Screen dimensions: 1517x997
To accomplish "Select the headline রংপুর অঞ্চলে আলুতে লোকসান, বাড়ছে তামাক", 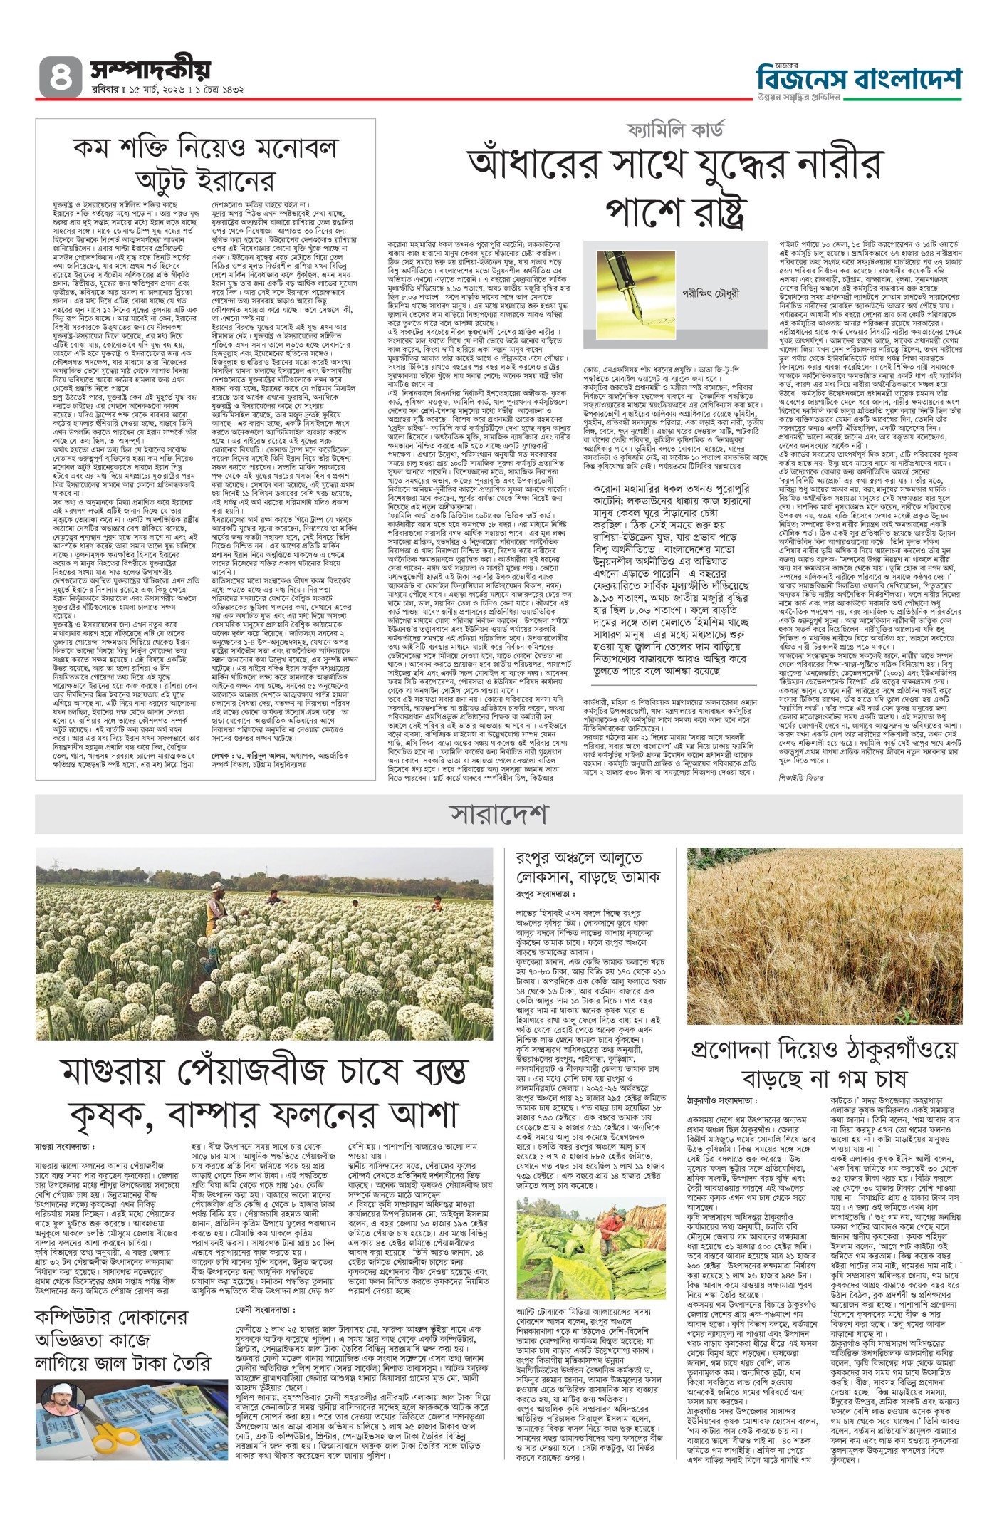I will (588, 867).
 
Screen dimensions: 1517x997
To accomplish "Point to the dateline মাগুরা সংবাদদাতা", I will (64, 1147).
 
